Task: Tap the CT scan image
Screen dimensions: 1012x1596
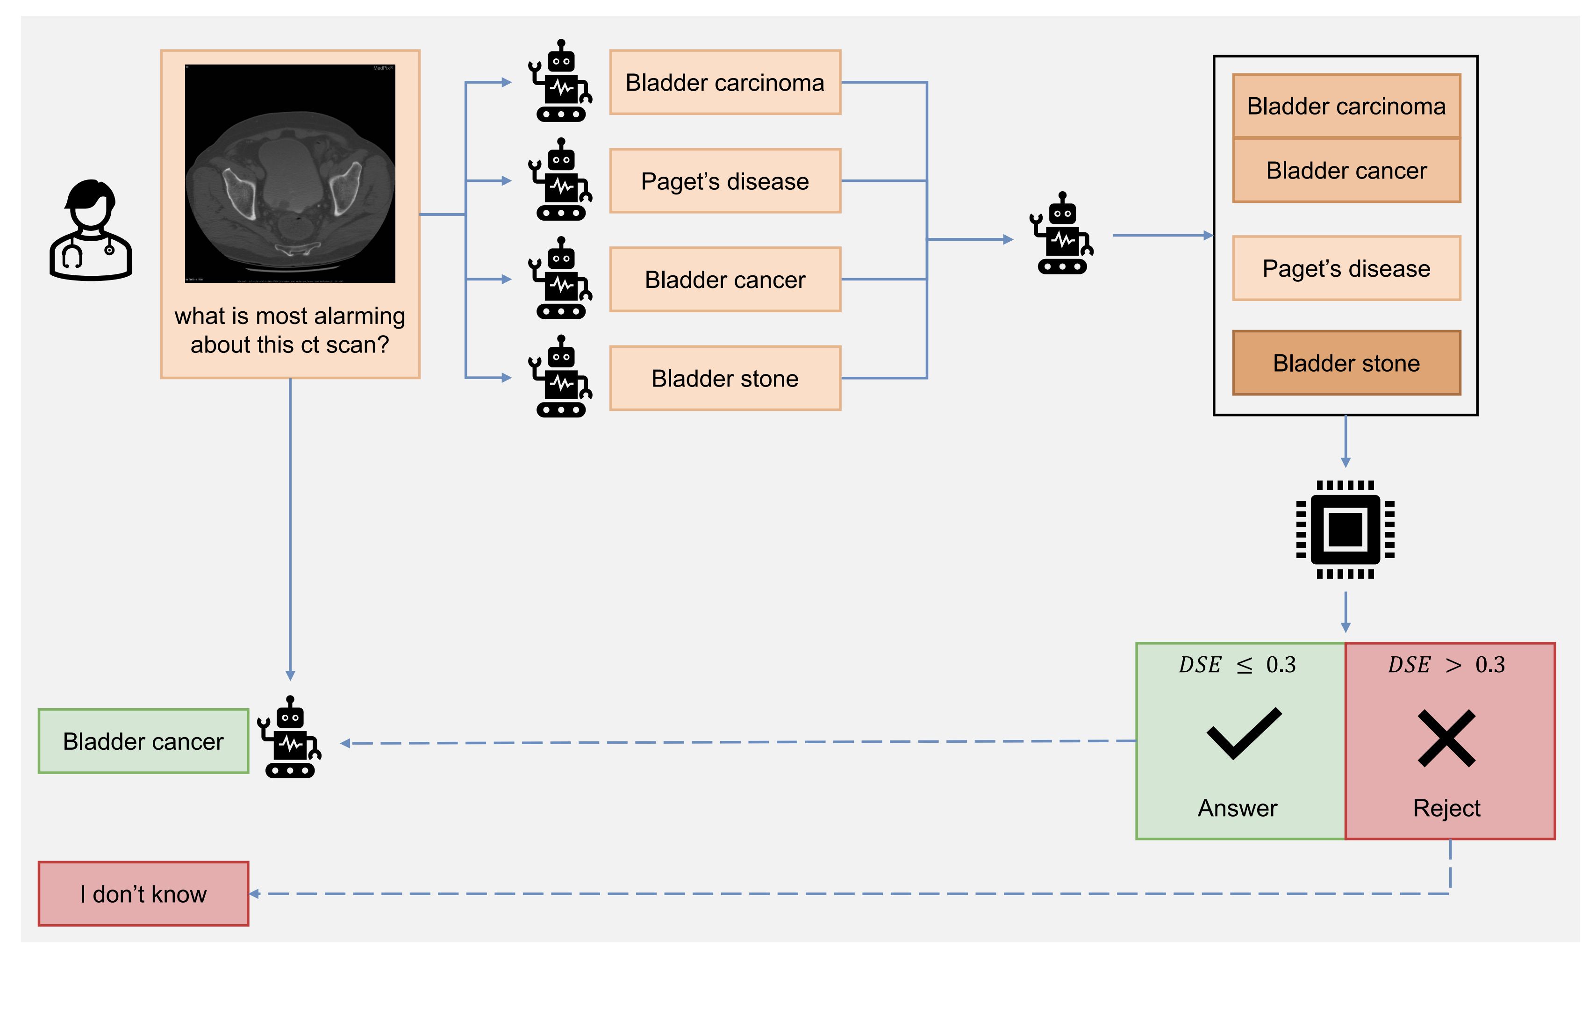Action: [x=290, y=173]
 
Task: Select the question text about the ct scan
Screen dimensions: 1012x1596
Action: [x=290, y=330]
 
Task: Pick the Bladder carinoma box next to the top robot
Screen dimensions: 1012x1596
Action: [x=724, y=83]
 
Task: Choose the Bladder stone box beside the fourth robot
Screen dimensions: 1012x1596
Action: [x=724, y=379]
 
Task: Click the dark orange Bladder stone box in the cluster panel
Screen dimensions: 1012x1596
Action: [x=1346, y=363]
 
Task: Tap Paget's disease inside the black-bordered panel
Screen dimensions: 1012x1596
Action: [x=1346, y=268]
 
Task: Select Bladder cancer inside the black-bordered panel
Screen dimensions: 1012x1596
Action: [x=1346, y=170]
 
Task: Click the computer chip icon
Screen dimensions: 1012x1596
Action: [x=1345, y=530]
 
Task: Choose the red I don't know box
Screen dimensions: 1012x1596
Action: [x=143, y=894]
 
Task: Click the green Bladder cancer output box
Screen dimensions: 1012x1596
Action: [x=143, y=742]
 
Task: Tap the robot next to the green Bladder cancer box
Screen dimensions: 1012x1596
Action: [x=290, y=737]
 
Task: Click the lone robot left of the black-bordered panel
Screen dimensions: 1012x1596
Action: [x=1061, y=233]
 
